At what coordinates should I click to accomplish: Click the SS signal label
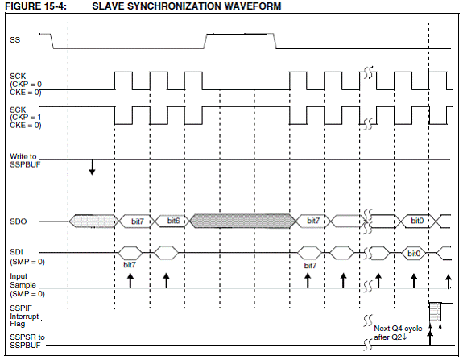(x=15, y=39)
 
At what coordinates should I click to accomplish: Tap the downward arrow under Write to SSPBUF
(x=93, y=168)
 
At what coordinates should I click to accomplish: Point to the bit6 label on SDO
(x=173, y=221)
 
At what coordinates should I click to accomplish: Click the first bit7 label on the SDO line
(x=138, y=221)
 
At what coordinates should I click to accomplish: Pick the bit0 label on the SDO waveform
(x=417, y=221)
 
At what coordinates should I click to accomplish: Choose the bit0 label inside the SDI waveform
(x=414, y=254)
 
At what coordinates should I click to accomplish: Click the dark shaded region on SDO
(x=242, y=221)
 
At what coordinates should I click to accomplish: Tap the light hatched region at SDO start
(x=94, y=221)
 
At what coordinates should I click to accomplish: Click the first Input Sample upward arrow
(x=130, y=280)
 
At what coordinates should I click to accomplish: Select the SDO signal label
(x=19, y=221)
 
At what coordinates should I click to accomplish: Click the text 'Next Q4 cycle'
(x=398, y=329)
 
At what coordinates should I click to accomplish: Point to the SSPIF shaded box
(x=436, y=312)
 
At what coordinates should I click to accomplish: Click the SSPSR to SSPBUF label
(x=27, y=341)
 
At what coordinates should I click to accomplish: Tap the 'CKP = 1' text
(x=26, y=118)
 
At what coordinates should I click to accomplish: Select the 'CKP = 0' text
(x=26, y=85)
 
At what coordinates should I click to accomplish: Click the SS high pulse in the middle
(x=240, y=35)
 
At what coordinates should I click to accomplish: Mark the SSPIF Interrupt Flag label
(x=24, y=316)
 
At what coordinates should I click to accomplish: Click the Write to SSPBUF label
(x=25, y=160)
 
